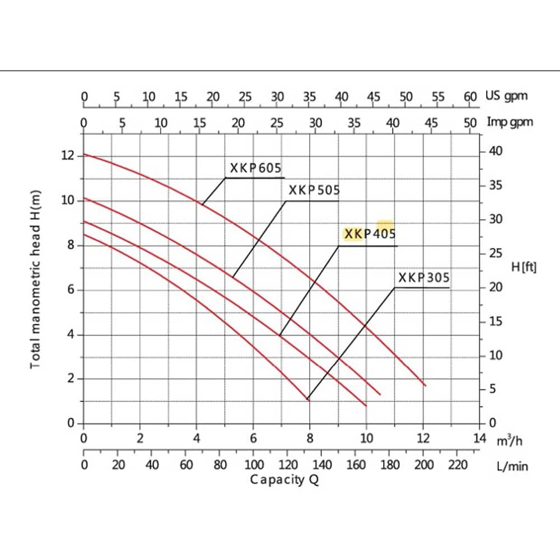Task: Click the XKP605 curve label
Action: pos(256,168)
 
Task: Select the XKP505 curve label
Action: pos(314,190)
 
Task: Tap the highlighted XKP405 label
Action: pos(370,234)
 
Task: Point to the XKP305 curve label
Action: pos(424,278)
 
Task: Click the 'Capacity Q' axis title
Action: pos(284,479)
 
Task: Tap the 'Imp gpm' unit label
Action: pos(510,122)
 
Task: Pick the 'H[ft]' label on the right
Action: pos(524,267)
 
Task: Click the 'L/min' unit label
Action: pos(512,465)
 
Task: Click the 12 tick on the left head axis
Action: pos(68,155)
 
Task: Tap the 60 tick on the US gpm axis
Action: pos(470,96)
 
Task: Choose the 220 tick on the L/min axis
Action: pos(458,464)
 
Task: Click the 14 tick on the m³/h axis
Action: pos(480,438)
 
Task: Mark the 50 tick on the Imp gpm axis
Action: pos(470,122)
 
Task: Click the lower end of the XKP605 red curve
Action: pos(426,386)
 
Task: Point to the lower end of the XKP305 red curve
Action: pos(309,399)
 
